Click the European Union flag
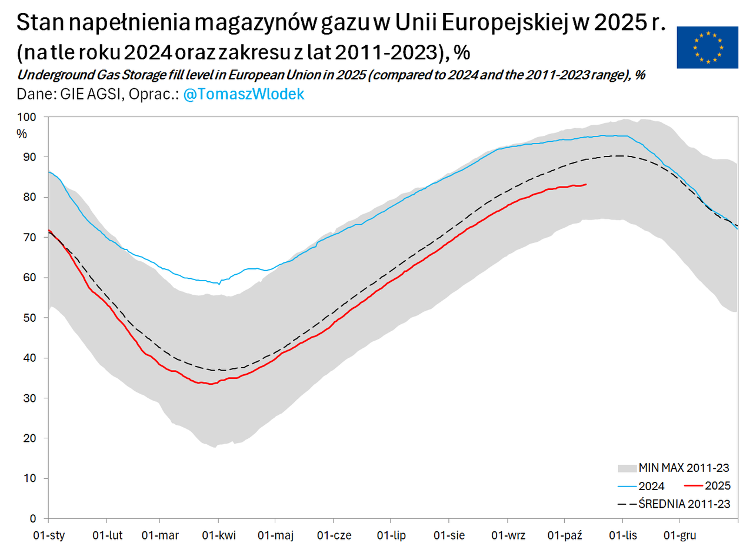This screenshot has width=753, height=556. [707, 47]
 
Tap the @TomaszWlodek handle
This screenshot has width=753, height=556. [244, 94]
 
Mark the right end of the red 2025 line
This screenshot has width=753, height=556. [586, 184]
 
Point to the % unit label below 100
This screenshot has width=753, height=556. [22, 134]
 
